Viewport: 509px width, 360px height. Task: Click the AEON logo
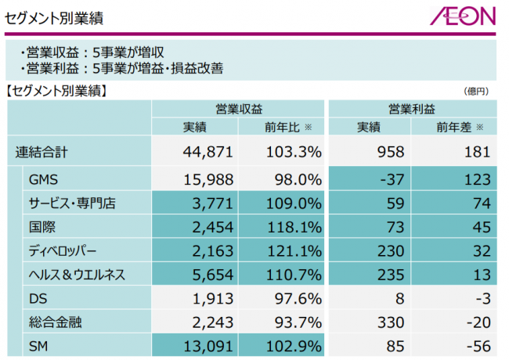tap(461, 16)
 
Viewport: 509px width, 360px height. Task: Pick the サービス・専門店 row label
tap(72, 203)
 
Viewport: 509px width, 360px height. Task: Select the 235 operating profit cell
tap(368, 275)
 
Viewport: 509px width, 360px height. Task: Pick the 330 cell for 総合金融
tap(368, 322)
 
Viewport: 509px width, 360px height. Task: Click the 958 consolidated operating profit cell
tap(368, 152)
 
